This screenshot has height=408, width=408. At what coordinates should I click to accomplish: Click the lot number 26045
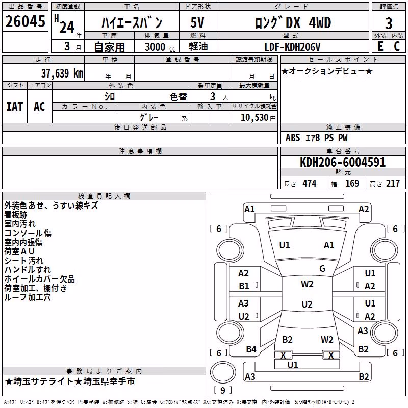[x=25, y=21]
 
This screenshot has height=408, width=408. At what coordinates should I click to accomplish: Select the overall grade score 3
[x=389, y=23]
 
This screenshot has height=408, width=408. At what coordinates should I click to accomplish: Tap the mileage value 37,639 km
[x=62, y=73]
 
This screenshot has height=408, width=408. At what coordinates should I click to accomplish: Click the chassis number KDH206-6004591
[x=343, y=162]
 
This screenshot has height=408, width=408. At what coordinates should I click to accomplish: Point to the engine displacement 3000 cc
[x=160, y=47]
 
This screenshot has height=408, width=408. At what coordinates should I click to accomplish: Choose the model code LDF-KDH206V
[x=292, y=47]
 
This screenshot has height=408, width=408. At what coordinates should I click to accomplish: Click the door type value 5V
[x=197, y=22]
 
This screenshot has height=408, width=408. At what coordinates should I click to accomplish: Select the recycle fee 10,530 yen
[x=258, y=118]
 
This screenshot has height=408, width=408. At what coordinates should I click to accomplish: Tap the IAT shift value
[x=15, y=107]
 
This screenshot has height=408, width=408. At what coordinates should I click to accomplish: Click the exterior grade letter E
[x=380, y=46]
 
